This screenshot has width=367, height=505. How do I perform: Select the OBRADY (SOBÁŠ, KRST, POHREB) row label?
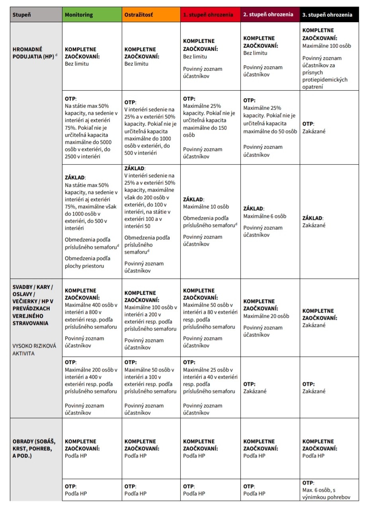[x=34, y=448]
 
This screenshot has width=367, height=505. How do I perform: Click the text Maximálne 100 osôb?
[x=326, y=45]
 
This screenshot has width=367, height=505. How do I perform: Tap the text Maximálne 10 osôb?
[x=206, y=207]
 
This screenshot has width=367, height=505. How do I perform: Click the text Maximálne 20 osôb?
[x=266, y=316]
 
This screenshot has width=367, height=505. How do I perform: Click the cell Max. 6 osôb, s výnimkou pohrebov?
[x=326, y=493]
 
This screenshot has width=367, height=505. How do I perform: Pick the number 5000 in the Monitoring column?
[x=105, y=142]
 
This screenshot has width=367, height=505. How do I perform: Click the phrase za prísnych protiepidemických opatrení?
[x=325, y=72]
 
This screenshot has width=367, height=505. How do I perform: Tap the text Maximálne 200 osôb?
[x=91, y=370]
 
